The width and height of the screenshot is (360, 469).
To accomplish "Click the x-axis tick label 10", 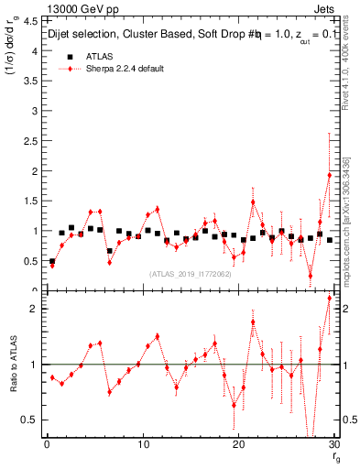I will (x=143, y=445).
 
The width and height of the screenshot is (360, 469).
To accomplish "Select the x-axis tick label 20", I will (x=239, y=445).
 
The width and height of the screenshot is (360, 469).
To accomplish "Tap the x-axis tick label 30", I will (x=334, y=445).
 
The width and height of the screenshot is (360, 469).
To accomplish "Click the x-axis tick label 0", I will (x=46, y=445).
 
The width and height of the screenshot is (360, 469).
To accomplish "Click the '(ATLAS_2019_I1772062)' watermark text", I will (x=191, y=273).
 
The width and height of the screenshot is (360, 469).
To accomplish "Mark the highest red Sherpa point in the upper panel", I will (x=330, y=175).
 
